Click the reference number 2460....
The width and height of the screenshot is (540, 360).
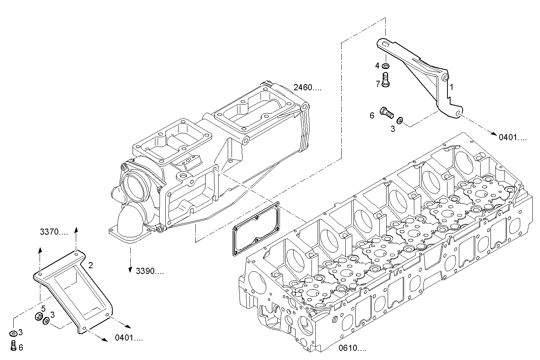point(307,88)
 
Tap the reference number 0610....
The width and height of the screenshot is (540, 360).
point(352,348)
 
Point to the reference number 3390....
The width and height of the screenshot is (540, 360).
point(150,271)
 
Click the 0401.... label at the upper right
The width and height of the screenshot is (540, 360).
point(513,137)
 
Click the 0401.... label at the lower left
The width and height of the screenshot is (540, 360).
point(129,338)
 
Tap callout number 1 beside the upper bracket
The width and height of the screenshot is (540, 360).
point(451,87)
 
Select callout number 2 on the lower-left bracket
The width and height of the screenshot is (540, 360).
point(91,265)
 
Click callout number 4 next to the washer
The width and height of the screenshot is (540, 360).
point(377,66)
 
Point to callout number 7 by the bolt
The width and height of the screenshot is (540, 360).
point(378,84)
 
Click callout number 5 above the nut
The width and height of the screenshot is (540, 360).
point(43,308)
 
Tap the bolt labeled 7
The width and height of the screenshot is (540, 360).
point(385,80)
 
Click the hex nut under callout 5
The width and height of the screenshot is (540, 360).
point(38,317)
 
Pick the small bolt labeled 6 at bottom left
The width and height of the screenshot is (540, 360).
point(13,346)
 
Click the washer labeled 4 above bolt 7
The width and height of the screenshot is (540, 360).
point(385,66)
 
